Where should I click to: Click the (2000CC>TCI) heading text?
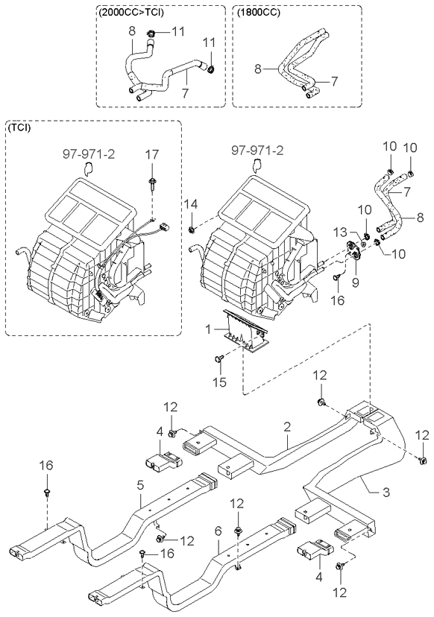[x=129, y=12]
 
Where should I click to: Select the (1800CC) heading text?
[x=258, y=12]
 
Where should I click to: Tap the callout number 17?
[x=151, y=155]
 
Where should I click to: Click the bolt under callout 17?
[x=151, y=184]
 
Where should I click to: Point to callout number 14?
[x=192, y=204]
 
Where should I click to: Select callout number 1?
[x=208, y=329]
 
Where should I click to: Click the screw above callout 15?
[x=219, y=358]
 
